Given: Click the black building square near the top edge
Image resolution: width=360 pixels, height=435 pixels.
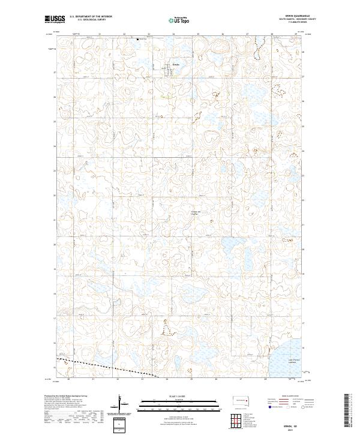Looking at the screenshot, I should pyautogui.click(x=138, y=40).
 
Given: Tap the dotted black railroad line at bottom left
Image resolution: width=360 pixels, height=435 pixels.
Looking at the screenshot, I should pyautogui.click(x=102, y=366).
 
